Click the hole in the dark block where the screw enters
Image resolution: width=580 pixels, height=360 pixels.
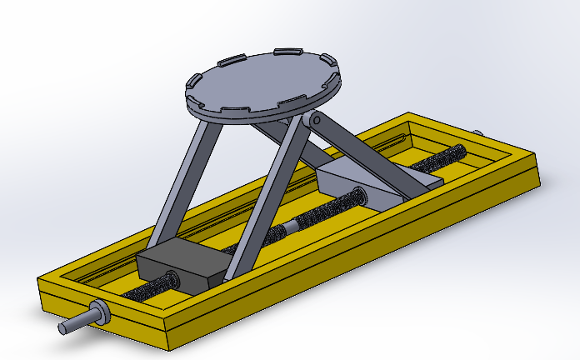[x=170, y=280]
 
